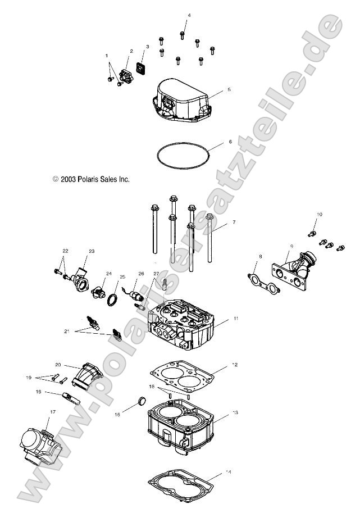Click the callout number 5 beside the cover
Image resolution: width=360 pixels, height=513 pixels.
click(229, 89)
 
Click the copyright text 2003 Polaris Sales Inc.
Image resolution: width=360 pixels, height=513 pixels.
click(92, 180)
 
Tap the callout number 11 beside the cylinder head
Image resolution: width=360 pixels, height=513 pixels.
click(236, 319)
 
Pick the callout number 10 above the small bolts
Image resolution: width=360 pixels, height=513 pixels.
click(320, 214)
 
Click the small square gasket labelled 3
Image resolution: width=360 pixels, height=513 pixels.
click(142, 70)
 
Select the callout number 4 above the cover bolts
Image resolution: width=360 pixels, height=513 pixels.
click(189, 15)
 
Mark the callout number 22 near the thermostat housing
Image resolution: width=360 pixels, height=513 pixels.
click(65, 251)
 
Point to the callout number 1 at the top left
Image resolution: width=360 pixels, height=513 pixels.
click(106, 56)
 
